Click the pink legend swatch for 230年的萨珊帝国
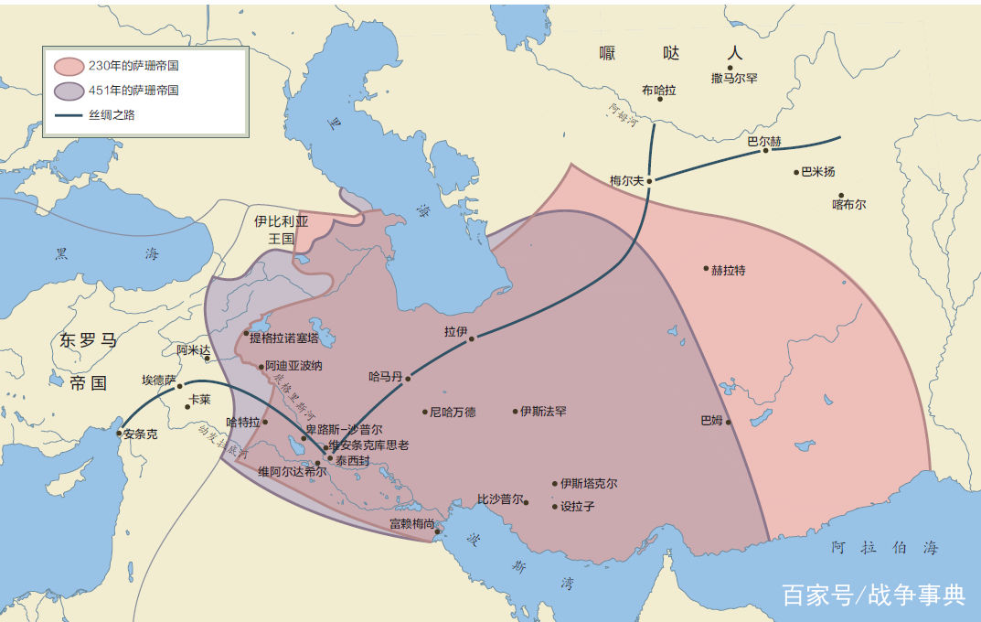[69, 66]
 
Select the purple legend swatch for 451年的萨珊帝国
[69, 91]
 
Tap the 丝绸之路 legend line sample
[69, 115]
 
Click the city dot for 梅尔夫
[649, 181]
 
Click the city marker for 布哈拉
[660, 98]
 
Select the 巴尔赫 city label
[764, 142]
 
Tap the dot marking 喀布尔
[840, 195]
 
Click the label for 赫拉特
[729, 270]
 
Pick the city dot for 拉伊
[472, 338]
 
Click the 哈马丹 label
[385, 376]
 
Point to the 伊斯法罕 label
[544, 412]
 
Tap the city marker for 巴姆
[729, 422]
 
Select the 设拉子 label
[577, 506]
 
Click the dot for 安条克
[119, 434]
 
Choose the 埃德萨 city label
[158, 380]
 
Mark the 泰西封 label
[352, 461]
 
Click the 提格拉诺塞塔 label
[284, 338]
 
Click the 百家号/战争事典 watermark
[873, 595]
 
